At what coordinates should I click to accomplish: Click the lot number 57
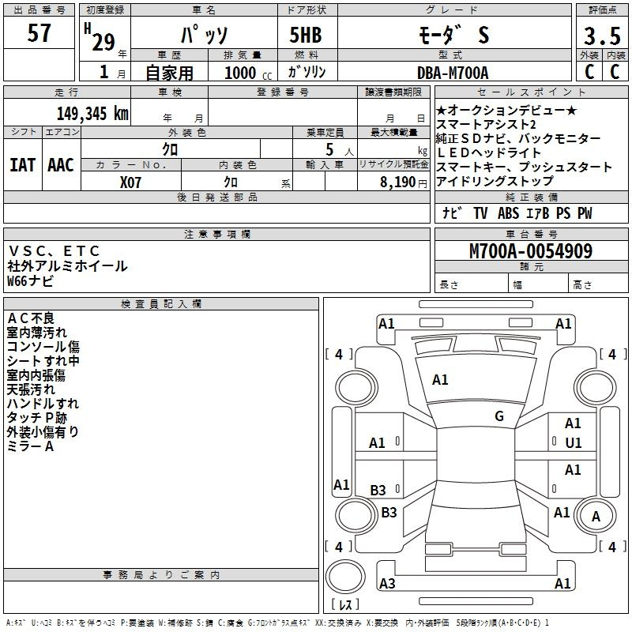(x=39, y=32)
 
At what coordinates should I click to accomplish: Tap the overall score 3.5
(x=602, y=36)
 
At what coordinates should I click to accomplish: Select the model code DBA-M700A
(x=453, y=73)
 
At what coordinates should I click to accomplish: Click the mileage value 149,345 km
(x=92, y=114)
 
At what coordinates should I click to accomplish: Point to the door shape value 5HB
(x=306, y=35)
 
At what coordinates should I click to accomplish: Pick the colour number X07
(x=130, y=182)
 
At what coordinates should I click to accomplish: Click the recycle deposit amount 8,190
(x=398, y=182)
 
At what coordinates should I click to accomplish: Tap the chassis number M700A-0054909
(x=531, y=251)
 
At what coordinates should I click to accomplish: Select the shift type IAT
(x=23, y=165)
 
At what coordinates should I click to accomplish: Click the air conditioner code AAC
(x=61, y=165)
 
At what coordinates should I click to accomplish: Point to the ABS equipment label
(x=508, y=213)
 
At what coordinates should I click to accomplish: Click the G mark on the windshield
(x=499, y=416)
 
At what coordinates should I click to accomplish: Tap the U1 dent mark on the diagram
(x=574, y=443)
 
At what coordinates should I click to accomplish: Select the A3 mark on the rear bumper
(x=387, y=583)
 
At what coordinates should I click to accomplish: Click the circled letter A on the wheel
(x=596, y=517)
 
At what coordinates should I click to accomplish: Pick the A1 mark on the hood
(x=440, y=380)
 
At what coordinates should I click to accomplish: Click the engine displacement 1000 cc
(x=248, y=73)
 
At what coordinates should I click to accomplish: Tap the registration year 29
(x=103, y=43)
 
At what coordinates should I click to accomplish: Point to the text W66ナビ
(x=30, y=281)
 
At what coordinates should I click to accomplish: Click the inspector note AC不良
(x=31, y=318)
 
